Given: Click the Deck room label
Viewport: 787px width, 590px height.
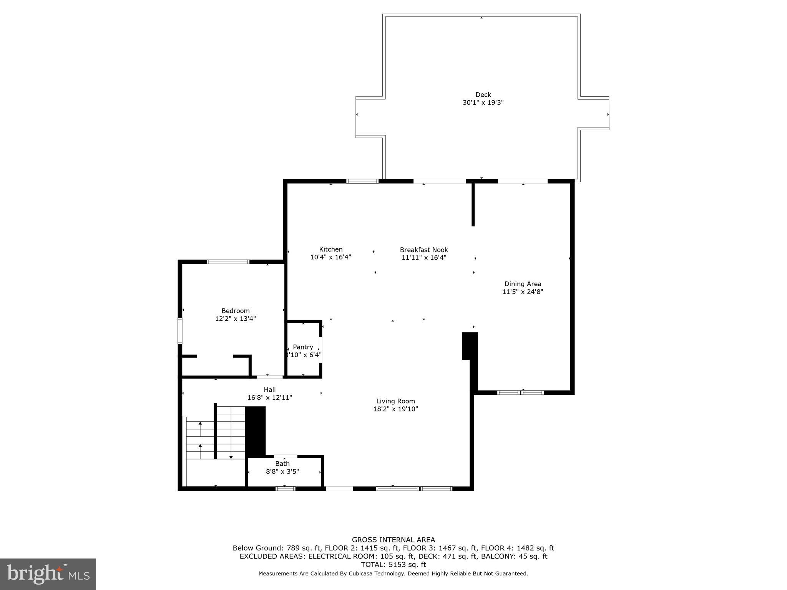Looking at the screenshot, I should (483, 94).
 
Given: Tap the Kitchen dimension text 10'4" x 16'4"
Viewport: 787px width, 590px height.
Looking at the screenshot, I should (330, 257).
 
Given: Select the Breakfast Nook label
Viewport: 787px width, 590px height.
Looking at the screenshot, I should (424, 250).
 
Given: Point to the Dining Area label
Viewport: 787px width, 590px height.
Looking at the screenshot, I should (523, 284).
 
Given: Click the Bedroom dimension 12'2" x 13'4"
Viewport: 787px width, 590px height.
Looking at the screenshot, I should (235, 318).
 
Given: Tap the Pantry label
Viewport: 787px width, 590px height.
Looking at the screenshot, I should (303, 347).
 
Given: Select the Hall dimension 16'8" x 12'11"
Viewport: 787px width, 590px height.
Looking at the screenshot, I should (269, 398).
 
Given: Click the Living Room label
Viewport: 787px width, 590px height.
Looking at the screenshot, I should (395, 401).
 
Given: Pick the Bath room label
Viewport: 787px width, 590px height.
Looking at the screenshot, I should (282, 464).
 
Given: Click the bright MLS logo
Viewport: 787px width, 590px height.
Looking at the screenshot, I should (48, 574).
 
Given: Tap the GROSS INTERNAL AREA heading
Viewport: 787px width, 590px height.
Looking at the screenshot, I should (393, 540).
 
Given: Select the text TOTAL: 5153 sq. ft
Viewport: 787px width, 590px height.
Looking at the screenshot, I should (393, 565).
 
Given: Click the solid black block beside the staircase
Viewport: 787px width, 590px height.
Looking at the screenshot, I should (255, 431).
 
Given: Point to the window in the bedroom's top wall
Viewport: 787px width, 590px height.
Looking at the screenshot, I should (228, 262).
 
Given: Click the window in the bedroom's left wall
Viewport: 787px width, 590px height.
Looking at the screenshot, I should (180, 330).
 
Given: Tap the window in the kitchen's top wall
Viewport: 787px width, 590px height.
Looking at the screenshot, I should (362, 181).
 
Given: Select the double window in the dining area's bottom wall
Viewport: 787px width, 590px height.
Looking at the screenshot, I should (520, 393).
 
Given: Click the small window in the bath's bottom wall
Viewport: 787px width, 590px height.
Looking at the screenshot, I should (285, 489).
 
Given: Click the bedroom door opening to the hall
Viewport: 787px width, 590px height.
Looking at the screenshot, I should (270, 377).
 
